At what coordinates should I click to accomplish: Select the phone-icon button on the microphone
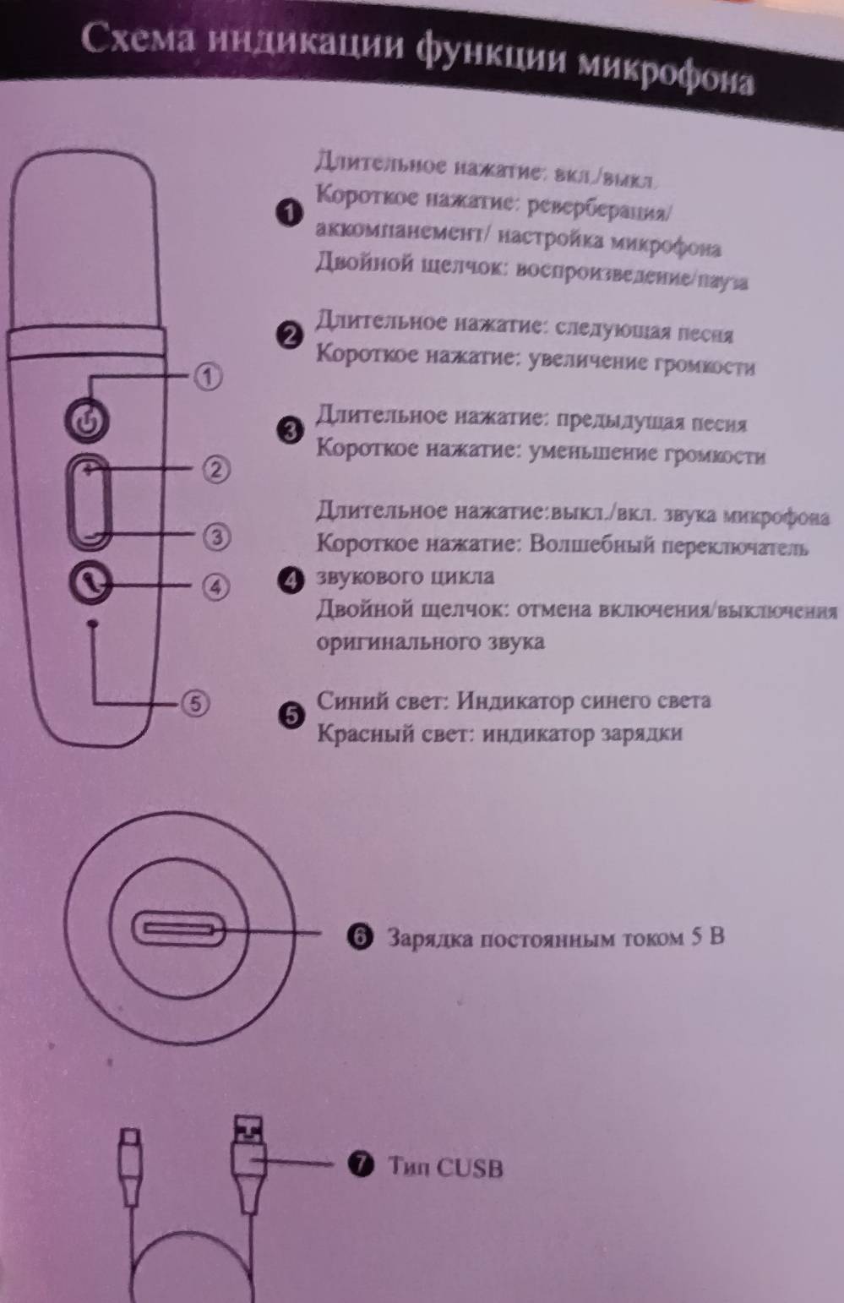91,582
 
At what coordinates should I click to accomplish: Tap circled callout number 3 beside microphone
216,536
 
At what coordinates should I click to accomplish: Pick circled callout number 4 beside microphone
215,586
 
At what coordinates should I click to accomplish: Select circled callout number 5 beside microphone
195,702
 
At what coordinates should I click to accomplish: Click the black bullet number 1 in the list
290,214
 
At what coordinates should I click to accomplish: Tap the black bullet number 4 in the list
290,579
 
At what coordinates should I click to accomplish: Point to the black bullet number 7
360,1165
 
